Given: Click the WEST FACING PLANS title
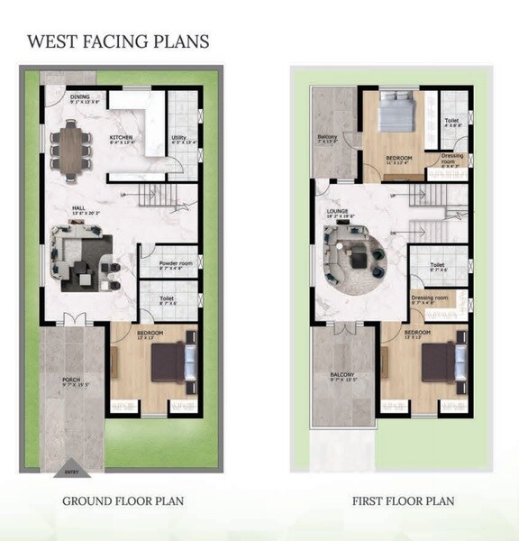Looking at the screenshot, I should point(118,41).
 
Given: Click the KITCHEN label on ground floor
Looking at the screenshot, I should point(122,137).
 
